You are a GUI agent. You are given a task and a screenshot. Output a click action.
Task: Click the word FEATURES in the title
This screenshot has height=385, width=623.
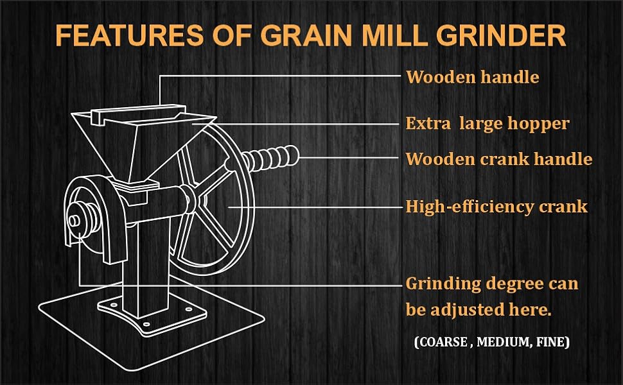[130, 35]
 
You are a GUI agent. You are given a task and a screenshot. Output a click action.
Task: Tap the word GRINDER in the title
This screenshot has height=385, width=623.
[501, 35]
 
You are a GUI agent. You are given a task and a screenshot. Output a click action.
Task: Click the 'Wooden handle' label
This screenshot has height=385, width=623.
[473, 77]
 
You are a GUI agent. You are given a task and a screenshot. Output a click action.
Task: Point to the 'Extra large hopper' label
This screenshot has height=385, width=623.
[487, 124]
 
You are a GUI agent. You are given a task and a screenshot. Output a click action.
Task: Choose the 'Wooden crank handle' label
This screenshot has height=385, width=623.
[498, 159]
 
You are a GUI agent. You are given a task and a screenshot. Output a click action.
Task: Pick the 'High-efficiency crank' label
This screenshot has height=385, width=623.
[496, 207]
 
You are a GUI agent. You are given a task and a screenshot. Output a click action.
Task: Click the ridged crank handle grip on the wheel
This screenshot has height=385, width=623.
[270, 157]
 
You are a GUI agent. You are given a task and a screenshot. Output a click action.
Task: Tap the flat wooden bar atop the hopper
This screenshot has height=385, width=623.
[138, 113]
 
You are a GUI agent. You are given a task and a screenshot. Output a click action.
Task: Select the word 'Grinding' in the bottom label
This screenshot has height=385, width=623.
[443, 285]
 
